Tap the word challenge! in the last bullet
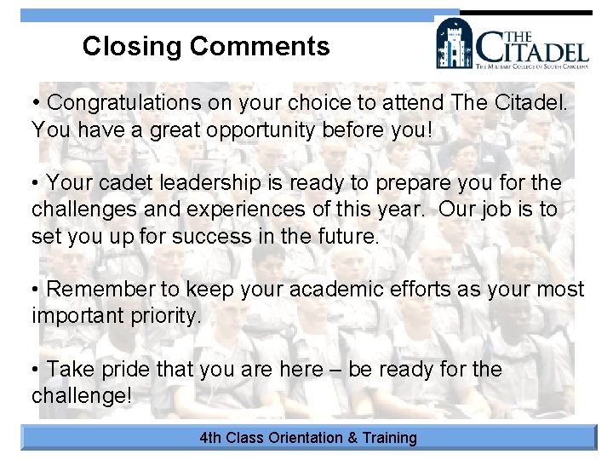coord(83,396)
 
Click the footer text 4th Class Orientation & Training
coord(308,438)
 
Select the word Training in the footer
coord(389,438)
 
